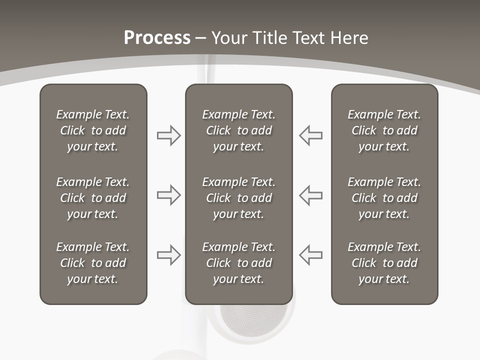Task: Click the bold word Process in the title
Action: click(x=157, y=38)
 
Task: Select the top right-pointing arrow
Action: click(x=168, y=135)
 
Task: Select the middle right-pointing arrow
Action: click(x=168, y=195)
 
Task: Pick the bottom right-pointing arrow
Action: click(x=168, y=255)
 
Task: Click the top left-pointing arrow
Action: click(x=311, y=135)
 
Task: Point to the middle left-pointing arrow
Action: click(x=311, y=195)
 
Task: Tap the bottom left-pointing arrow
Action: click(x=311, y=255)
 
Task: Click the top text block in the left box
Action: click(x=93, y=130)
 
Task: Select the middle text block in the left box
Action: click(x=93, y=198)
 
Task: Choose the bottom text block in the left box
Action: click(x=93, y=263)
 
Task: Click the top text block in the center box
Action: click(x=238, y=130)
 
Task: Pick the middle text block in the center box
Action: click(x=238, y=198)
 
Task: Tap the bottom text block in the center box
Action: click(x=238, y=263)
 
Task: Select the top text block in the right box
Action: click(x=384, y=130)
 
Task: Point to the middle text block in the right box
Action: click(x=384, y=198)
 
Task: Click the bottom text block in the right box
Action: click(x=384, y=263)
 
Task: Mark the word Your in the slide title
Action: click(x=228, y=38)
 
